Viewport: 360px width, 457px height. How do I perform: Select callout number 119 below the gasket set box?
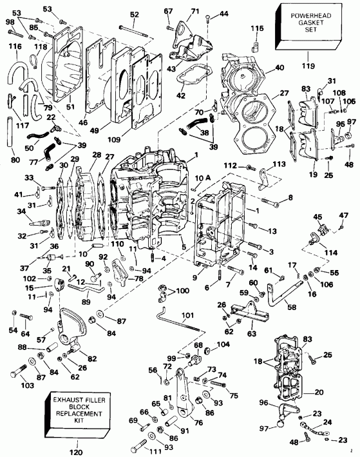309,65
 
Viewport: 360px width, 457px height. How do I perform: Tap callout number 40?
279,68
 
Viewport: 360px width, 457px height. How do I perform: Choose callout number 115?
257,28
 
